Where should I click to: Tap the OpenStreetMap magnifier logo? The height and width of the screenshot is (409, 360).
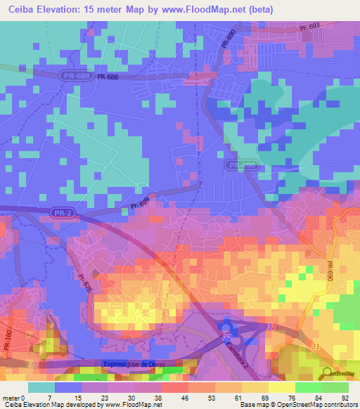pyautogui.click(x=324, y=373)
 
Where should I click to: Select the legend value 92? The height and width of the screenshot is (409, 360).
pyautogui.click(x=346, y=398)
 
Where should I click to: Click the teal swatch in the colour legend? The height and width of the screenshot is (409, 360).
pyautogui.click(x=41, y=387)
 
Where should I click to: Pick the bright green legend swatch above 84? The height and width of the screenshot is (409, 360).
pyautogui.click(x=309, y=387)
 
